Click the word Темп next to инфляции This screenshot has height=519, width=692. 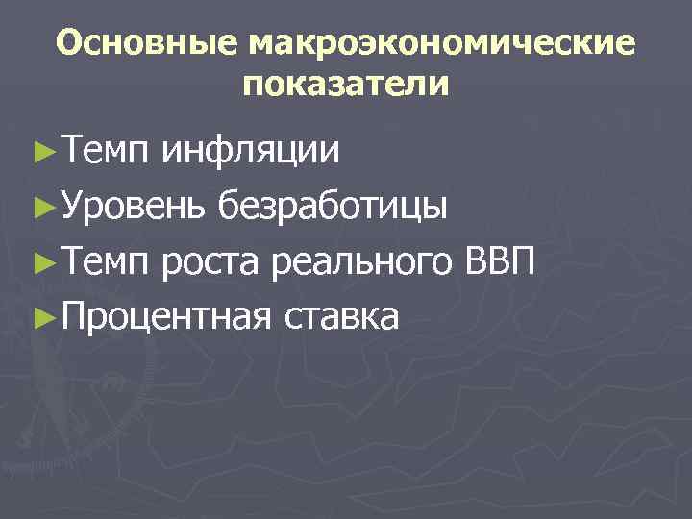click(x=105, y=149)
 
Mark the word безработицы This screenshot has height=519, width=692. click(x=333, y=206)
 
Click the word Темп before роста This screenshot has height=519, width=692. click(x=105, y=259)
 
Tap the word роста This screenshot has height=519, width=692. click(x=210, y=261)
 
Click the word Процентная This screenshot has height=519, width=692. click(x=162, y=315)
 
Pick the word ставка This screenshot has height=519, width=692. click(x=341, y=315)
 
